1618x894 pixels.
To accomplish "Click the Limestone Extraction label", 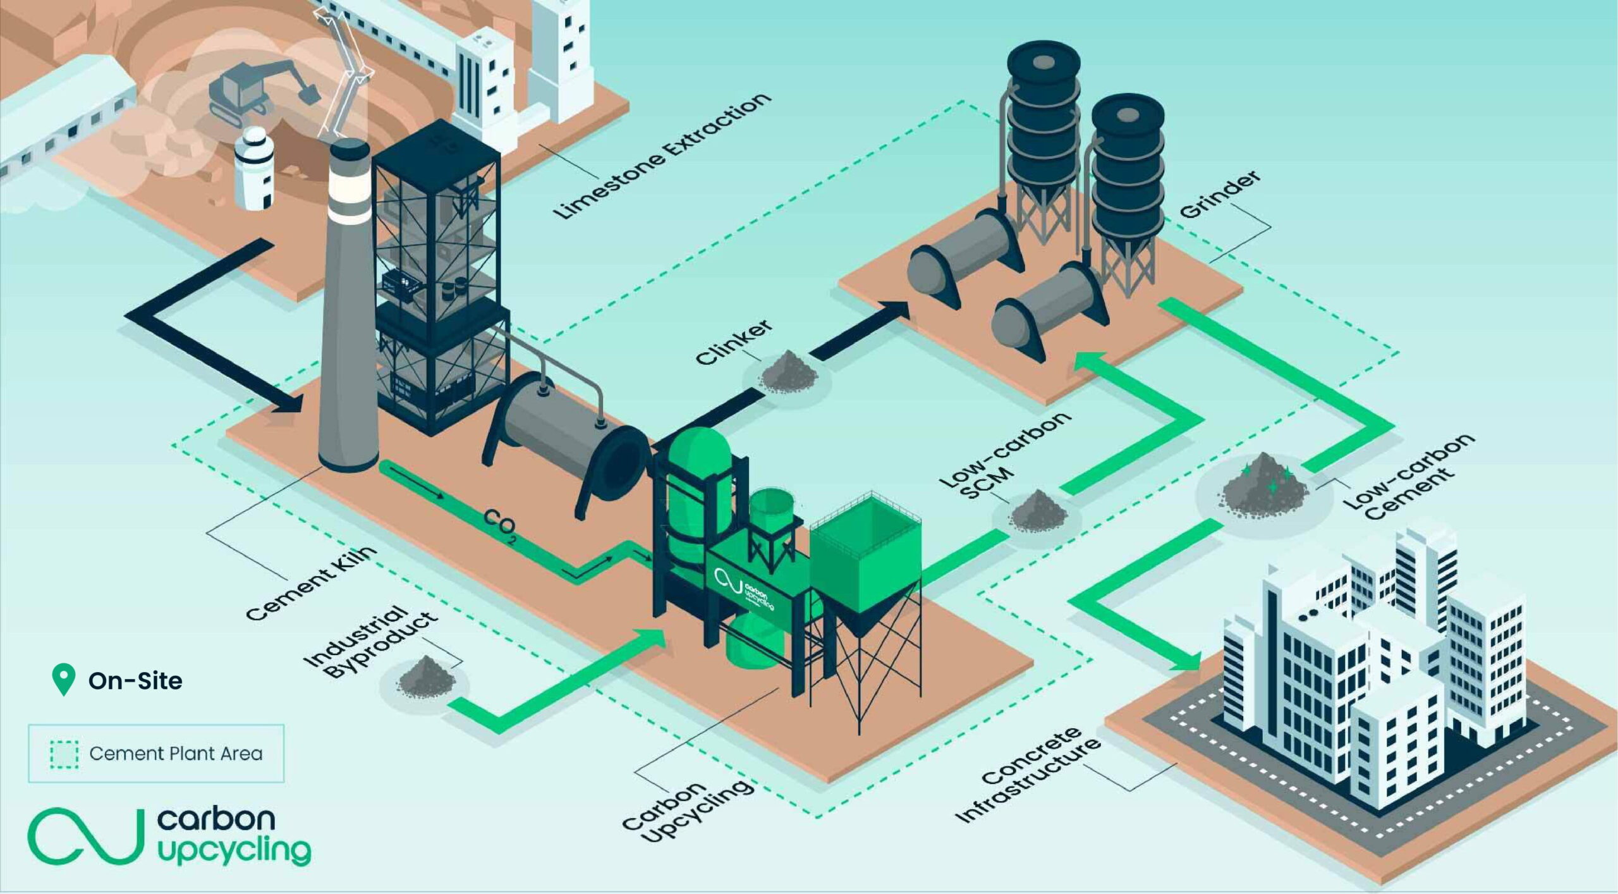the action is point(661,156).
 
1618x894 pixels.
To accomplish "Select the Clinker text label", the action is point(733,341).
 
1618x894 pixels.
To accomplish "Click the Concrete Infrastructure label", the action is point(1028,775).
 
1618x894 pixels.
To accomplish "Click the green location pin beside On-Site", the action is point(63,679).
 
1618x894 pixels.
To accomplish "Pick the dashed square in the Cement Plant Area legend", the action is point(64,754).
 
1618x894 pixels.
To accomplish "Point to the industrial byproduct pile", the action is point(426,677).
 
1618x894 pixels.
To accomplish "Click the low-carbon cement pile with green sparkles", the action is point(1264,483).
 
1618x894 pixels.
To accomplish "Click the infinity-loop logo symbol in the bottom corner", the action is point(82,836).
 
